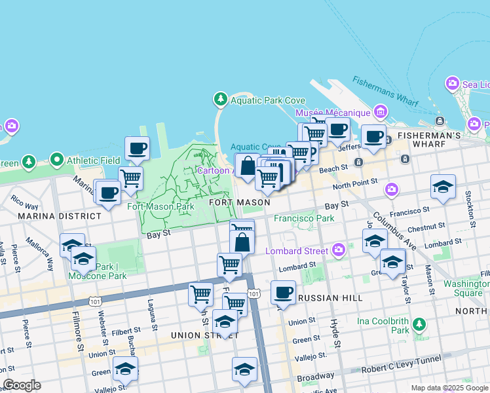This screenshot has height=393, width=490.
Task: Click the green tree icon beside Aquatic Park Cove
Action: [x=221, y=100]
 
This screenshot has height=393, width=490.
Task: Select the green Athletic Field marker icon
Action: [x=56, y=160]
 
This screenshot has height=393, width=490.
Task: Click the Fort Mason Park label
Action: [x=160, y=206]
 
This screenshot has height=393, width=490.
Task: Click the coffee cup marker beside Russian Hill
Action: [x=283, y=292]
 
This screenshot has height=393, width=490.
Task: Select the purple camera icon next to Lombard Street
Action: [x=338, y=250]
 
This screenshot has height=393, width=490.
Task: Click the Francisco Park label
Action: [x=304, y=218]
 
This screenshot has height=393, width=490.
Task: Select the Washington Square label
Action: [x=466, y=288]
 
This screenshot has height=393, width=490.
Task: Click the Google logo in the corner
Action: [x=22, y=385]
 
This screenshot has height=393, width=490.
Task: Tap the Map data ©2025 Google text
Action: [x=449, y=388]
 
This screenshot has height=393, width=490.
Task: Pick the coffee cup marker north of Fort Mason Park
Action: [x=137, y=148]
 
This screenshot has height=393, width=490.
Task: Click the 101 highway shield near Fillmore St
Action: [x=96, y=301]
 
